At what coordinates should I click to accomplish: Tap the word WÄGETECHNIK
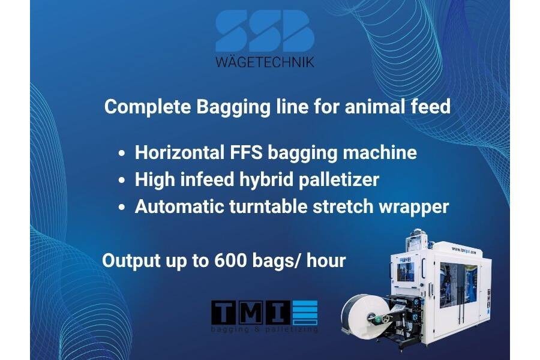coord(264,61)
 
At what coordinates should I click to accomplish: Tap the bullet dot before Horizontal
coord(122,154)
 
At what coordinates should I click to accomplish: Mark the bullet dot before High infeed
coord(122,181)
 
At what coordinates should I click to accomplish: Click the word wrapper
coord(418,206)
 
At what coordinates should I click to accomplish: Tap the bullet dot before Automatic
coord(122,208)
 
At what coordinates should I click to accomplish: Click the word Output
coord(129,260)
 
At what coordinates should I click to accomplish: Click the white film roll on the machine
coord(363,317)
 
